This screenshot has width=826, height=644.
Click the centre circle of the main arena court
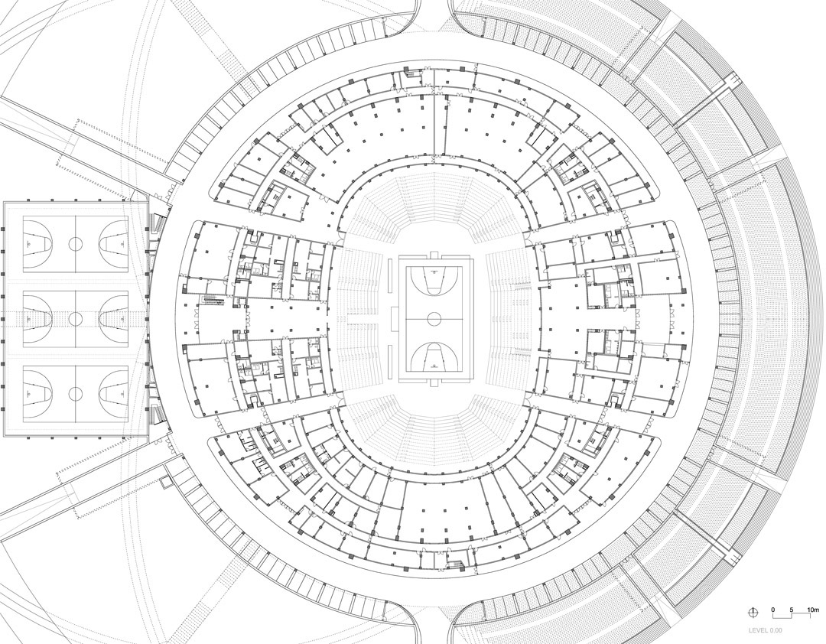pos(434,318)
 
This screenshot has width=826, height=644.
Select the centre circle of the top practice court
pos(76,243)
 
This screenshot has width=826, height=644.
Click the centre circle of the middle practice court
pos(76,318)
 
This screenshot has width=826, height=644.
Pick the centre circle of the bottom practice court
pos(76,393)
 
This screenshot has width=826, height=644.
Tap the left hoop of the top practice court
pos(28,243)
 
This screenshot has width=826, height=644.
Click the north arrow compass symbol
pos(754,611)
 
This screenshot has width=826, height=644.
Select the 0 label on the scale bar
pos(773,610)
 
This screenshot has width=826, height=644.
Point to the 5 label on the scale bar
pos(792,610)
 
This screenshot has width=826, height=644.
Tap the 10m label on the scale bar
pos(813,610)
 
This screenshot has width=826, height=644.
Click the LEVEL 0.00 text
pos(766,630)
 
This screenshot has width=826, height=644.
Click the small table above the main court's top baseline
pos(434,255)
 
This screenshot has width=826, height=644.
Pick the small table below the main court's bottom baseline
pos(434,381)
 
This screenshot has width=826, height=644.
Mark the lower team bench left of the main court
pos(390,363)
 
